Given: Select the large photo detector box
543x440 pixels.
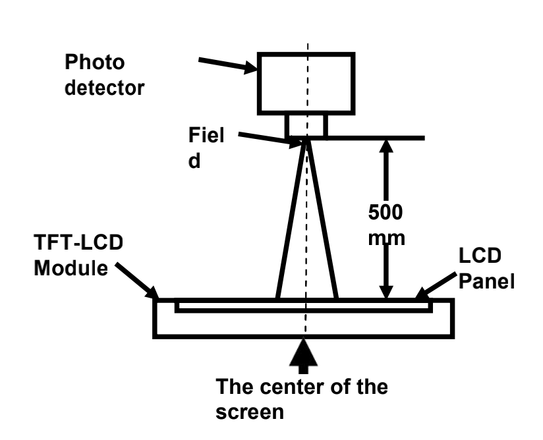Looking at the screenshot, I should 306,83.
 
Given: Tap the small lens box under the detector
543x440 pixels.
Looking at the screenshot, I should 306,125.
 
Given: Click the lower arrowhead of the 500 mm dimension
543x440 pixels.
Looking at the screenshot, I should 387,290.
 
